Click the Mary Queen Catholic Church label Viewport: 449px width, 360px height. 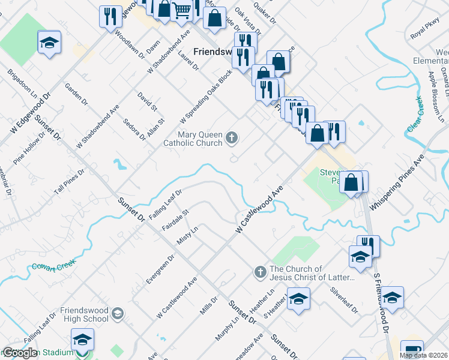(193, 139)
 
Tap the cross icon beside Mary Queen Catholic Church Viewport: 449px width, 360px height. (231, 140)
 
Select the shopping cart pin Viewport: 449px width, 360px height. (181, 11)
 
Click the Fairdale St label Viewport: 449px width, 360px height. (175, 220)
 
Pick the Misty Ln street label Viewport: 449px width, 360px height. (187, 235)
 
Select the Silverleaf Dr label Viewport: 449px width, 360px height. (344, 299)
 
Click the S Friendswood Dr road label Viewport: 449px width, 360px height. (381, 303)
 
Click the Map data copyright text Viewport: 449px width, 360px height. (423, 355)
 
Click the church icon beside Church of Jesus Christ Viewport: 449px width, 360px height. (260, 272)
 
